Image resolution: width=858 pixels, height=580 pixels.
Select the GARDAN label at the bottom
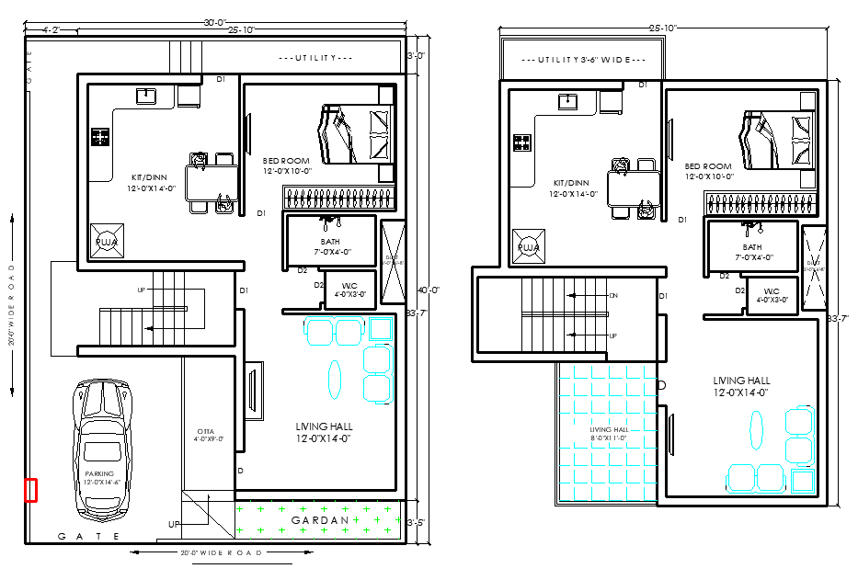320,520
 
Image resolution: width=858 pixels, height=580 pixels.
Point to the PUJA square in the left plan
106,241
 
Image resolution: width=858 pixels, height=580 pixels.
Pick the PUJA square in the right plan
529,245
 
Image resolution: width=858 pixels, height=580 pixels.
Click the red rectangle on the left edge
30,490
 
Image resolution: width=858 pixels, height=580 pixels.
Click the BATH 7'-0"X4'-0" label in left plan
330,247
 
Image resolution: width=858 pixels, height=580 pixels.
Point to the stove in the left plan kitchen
99,138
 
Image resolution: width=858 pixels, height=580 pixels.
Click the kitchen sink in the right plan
567,100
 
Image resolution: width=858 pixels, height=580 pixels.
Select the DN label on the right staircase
613,296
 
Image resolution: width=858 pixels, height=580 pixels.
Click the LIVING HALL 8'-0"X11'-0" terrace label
607,434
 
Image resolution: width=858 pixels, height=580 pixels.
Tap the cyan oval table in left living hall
335,377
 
